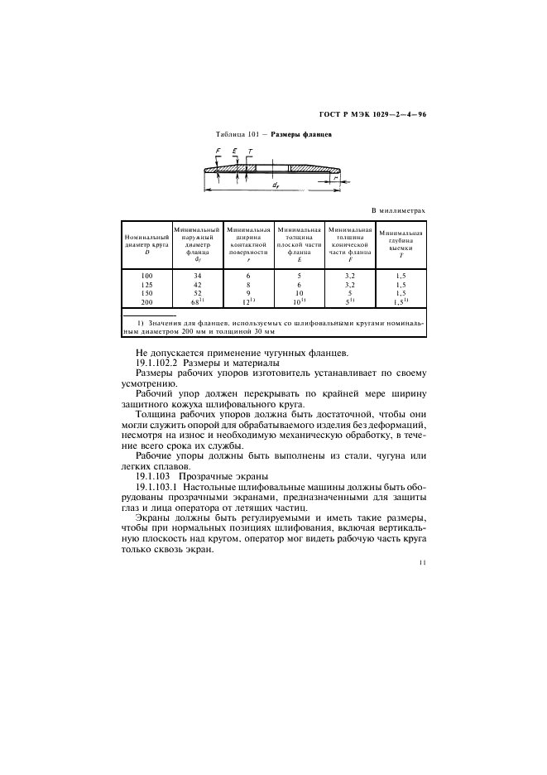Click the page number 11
[422, 563]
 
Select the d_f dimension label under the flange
[274, 185]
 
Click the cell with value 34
[198, 274]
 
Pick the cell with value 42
[198, 283]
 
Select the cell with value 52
[198, 292]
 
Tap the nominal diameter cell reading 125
[146, 283]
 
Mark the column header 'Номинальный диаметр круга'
[146, 240]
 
